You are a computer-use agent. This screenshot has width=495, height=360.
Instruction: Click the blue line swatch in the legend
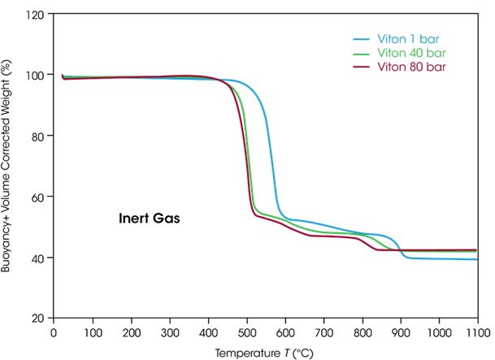(362, 38)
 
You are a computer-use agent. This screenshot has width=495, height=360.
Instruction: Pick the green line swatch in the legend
(362, 52)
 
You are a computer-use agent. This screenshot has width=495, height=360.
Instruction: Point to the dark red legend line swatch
(362, 66)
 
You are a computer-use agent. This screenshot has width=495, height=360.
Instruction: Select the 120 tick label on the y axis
(36, 15)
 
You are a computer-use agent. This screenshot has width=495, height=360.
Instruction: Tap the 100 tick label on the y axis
(36, 75)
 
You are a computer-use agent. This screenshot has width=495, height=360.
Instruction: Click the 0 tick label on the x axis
(54, 332)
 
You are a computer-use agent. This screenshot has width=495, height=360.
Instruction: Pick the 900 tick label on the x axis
(401, 332)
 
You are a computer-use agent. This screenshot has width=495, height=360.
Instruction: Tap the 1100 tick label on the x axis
(477, 332)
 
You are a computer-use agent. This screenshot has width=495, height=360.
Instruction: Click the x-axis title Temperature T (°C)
(264, 352)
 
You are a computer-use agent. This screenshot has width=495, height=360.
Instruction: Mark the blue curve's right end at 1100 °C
(477, 259)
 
